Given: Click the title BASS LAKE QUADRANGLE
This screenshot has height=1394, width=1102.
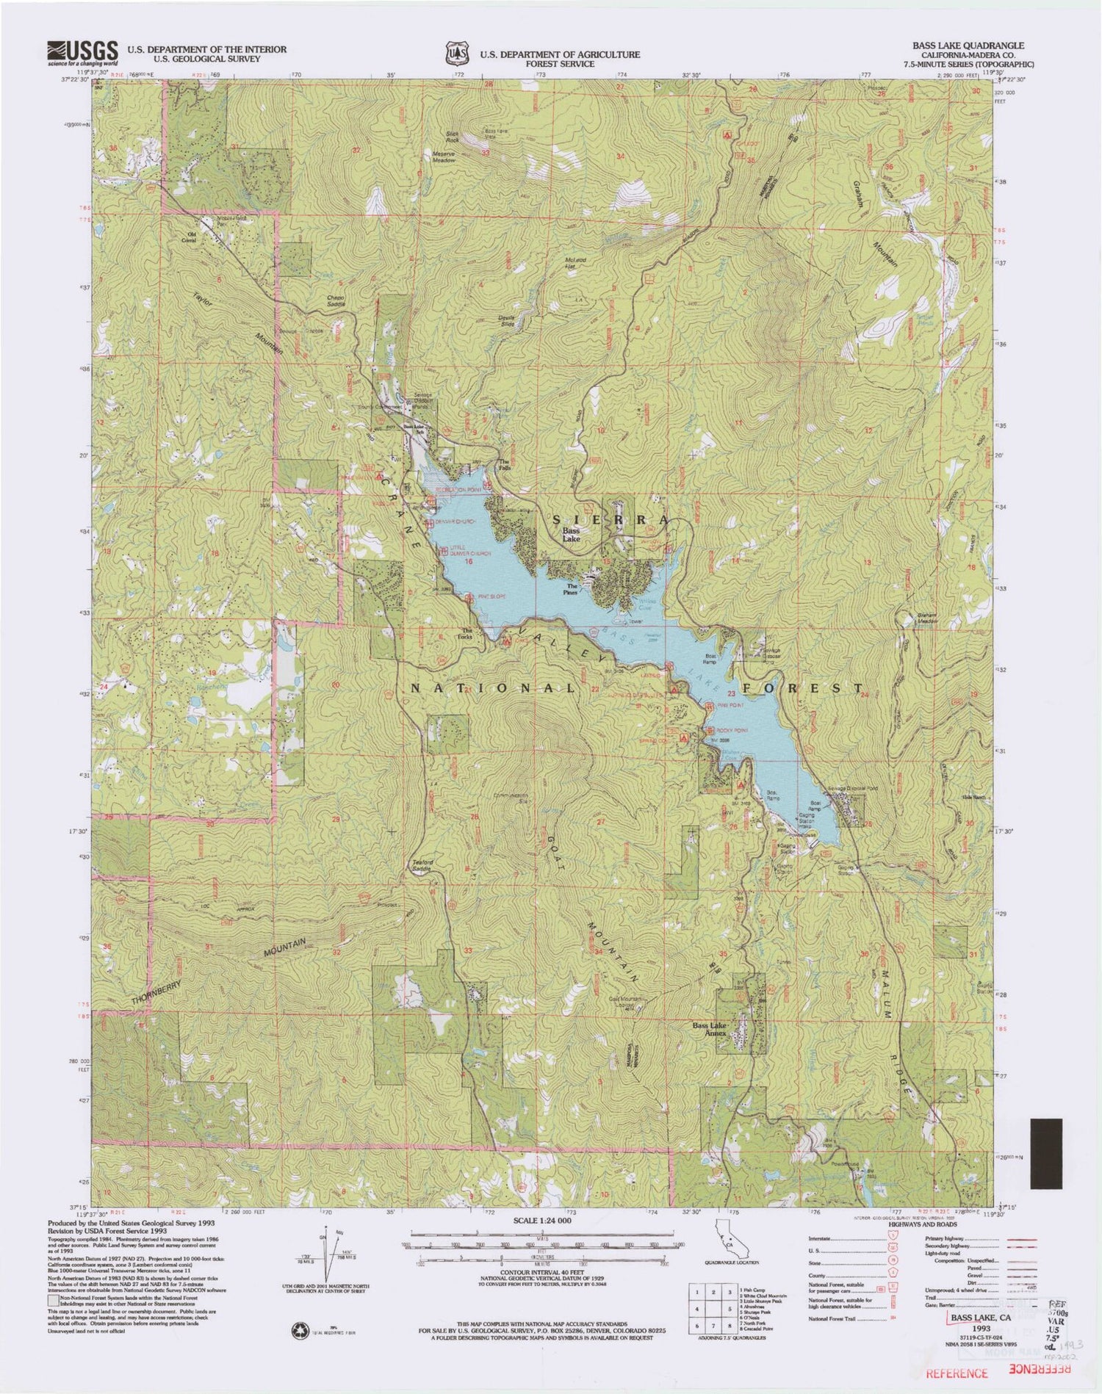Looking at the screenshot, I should point(968,46).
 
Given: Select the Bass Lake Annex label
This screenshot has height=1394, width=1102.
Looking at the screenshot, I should point(709,1029).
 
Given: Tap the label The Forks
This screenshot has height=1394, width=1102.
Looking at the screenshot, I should point(467,633).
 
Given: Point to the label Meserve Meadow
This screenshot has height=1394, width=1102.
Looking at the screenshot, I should point(443,157).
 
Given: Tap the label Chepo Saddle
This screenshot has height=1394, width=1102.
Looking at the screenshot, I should point(335,300).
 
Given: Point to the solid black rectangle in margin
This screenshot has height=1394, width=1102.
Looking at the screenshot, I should point(1046,1153).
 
